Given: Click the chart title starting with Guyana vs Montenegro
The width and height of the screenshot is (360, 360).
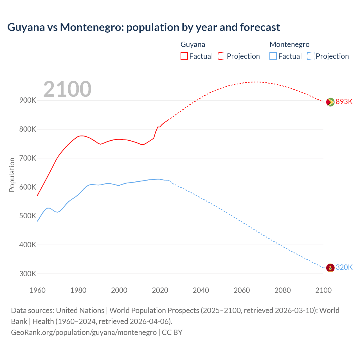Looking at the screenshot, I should [143, 27].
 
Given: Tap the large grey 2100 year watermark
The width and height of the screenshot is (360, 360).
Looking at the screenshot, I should [67, 89].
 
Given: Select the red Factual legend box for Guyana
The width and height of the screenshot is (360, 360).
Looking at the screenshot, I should [184, 56].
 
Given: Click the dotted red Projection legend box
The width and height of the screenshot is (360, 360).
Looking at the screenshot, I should [222, 56].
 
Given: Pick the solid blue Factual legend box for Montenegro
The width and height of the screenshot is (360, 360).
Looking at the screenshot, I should [273, 56].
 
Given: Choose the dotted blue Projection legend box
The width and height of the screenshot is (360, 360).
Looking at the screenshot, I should [311, 56].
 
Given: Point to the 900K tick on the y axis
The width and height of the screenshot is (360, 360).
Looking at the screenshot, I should [28, 100].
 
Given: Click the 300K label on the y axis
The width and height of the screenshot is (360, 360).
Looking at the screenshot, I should [28, 274].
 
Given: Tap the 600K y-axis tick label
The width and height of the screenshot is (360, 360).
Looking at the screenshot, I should [28, 187].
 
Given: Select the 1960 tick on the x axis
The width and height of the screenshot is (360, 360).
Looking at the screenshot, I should [37, 290].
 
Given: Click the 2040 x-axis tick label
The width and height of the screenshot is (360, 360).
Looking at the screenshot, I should [201, 290].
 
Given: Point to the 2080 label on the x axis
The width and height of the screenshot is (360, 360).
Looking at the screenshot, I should [282, 290].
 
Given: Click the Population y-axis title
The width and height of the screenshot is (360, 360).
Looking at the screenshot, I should [12, 175].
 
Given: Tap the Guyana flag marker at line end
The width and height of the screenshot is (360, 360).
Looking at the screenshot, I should [330, 102].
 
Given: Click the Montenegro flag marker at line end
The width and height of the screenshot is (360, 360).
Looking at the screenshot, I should [330, 267].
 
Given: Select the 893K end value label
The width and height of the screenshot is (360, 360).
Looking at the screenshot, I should [344, 102].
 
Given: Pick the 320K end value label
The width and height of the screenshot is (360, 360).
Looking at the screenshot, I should [344, 267].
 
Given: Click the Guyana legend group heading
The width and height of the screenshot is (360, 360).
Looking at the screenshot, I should [193, 44].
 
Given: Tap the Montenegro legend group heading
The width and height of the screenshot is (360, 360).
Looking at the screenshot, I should [289, 44].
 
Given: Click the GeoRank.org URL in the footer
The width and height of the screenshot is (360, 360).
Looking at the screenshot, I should [84, 332].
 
